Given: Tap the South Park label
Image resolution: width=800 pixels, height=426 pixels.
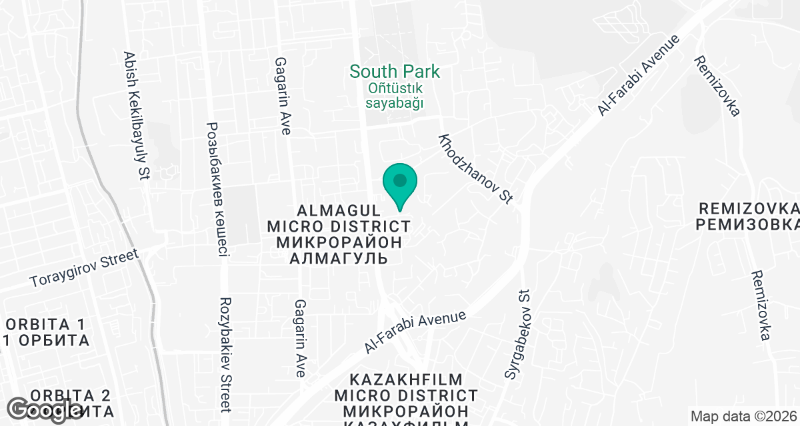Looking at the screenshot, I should click(395, 71).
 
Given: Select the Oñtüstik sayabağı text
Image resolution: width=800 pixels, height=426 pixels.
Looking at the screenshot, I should click(396, 95).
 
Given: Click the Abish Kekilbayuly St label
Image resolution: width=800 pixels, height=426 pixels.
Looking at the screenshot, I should click(135, 116).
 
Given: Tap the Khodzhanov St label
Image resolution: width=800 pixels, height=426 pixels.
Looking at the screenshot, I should click(475, 168).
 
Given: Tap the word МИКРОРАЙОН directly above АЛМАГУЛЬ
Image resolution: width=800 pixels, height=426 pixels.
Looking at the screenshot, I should click(339, 242).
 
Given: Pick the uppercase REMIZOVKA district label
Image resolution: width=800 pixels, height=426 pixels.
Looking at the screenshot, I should click(748, 207).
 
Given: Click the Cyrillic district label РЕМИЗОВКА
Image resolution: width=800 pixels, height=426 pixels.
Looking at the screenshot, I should click(748, 224).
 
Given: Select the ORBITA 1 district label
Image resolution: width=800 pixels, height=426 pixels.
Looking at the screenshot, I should click(45, 325).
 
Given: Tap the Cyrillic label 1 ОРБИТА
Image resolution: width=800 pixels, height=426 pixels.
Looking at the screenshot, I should click(45, 341).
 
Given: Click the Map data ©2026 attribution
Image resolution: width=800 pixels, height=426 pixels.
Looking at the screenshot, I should click(743, 417).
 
